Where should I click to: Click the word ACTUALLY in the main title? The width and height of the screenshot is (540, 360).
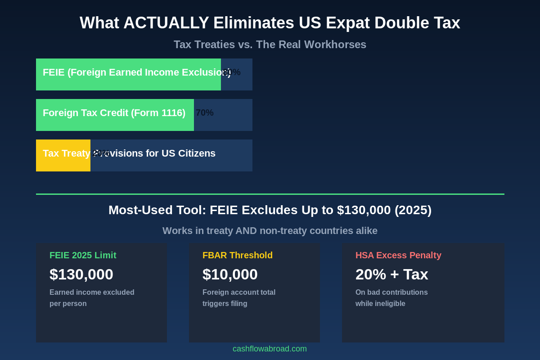coord(166,23)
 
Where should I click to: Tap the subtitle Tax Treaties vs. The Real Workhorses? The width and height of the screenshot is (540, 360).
coord(270,45)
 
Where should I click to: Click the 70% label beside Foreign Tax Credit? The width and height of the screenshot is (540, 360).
coord(205,113)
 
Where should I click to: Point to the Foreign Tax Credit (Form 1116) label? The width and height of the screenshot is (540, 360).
coord(114,113)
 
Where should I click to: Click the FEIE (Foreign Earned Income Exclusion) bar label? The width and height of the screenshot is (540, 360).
coord(130,72)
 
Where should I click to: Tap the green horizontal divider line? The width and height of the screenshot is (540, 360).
coord(270,194)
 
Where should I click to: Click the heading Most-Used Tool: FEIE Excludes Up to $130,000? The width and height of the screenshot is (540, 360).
coord(270,210)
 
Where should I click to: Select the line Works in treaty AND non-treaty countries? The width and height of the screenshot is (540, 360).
coord(270,231)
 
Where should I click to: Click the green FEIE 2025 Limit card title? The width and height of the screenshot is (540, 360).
coord(83,255)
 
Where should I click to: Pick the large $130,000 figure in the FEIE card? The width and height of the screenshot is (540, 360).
coord(81,274)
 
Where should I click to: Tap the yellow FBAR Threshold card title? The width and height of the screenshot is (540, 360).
coord(238,255)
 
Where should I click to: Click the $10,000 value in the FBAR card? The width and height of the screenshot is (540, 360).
coord(230,274)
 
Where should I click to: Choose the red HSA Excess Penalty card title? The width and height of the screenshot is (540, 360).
coord(398,255)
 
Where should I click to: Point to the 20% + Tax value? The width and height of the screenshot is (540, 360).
coord(391,274)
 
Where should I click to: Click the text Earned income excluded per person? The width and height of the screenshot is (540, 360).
coord(92,298)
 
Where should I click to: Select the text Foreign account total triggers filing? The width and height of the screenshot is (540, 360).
coord(239,298)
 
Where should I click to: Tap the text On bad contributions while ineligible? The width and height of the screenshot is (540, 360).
coord(391,298)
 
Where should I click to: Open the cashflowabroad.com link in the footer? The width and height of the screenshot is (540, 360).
coord(270,349)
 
